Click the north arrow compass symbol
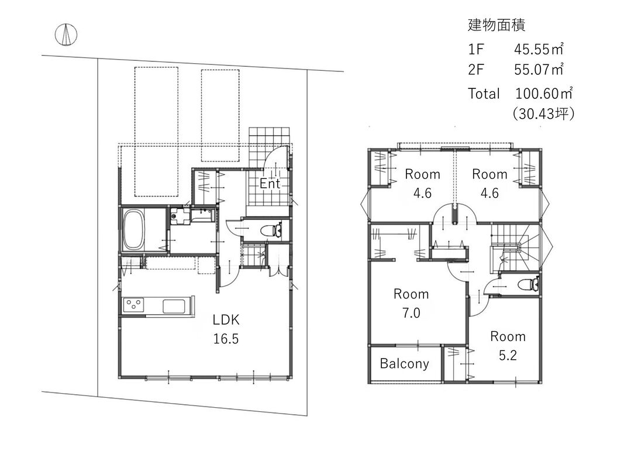65,35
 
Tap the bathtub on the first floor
134,230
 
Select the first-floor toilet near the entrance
272,230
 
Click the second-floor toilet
529,284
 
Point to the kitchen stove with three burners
133,306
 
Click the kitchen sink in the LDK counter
174,306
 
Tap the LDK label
226,319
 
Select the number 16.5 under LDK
226,339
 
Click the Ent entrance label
270,184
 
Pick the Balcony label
404,363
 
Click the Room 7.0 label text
411,303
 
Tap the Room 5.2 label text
508,345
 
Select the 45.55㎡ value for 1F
539,49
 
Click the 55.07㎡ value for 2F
539,69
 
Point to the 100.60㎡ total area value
544,93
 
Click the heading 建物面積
497,25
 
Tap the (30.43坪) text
544,114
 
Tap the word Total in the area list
484,94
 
